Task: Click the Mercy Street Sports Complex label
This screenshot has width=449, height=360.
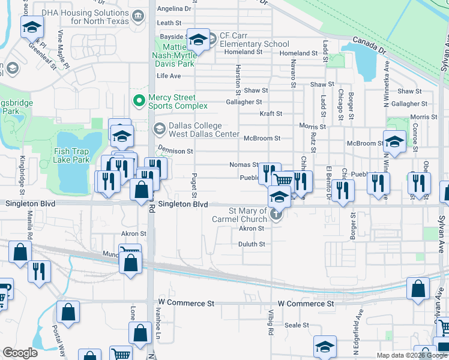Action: pos(178,101)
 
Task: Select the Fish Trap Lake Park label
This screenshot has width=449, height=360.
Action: pos(71,156)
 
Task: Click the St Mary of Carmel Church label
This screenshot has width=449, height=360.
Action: pos(248,215)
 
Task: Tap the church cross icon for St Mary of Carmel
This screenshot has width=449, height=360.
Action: pos(276,215)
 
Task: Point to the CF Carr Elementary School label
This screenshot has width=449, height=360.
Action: pos(255,40)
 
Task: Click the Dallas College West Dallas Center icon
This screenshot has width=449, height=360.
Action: pos(159,127)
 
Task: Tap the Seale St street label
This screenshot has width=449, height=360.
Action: pos(297,325)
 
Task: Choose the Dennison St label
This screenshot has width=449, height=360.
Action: pos(175,151)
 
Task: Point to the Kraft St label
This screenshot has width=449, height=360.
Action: pos(271,113)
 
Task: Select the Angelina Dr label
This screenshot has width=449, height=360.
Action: pos(173,9)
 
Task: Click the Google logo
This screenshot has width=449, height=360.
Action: pos(20,353)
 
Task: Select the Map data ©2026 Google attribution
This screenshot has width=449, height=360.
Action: pos(411,355)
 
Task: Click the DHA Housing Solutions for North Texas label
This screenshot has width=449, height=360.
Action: pos(100,17)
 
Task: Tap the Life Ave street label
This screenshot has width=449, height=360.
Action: pos(169,76)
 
